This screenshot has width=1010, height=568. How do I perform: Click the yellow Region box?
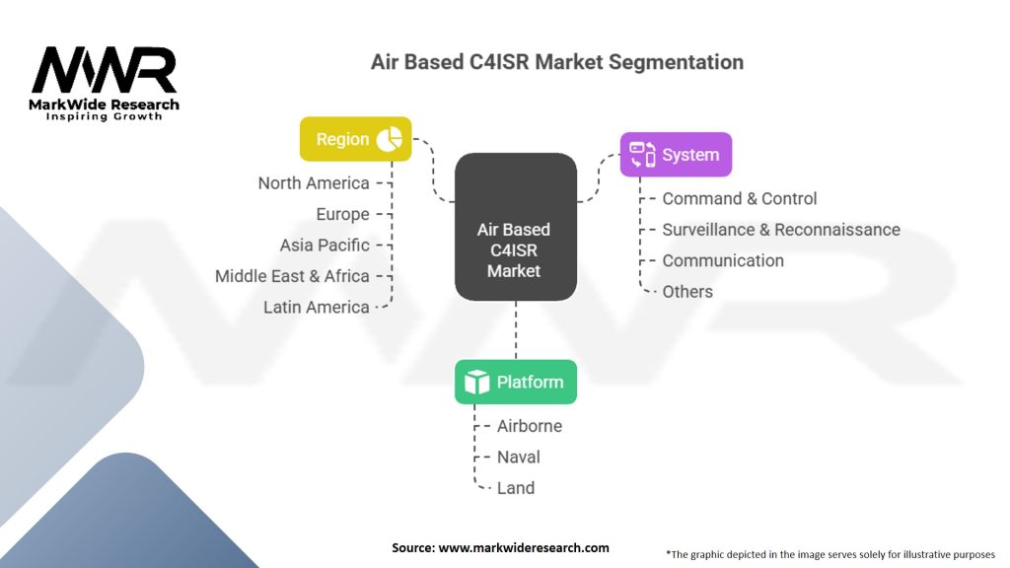pyautogui.click(x=355, y=139)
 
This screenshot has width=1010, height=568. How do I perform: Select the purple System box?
pyautogui.click(x=676, y=155)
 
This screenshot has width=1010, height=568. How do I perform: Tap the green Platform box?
pyautogui.click(x=515, y=382)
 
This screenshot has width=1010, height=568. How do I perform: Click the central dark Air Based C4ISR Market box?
pyautogui.click(x=515, y=227)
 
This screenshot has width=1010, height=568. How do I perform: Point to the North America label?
pyautogui.click(x=314, y=183)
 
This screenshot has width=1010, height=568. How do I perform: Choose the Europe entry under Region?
pyautogui.click(x=342, y=214)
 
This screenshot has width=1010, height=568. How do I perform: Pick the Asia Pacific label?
pyautogui.click(x=325, y=245)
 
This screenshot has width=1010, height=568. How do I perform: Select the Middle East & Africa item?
pyautogui.click(x=292, y=276)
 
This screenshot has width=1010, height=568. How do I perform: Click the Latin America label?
pyautogui.click(x=316, y=307)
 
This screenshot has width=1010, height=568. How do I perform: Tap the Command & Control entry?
pyautogui.click(x=739, y=198)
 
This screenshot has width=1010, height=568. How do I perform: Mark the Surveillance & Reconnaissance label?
pyautogui.click(x=780, y=230)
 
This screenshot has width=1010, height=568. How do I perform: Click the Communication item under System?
pyautogui.click(x=723, y=260)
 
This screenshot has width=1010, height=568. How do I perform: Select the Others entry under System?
pyautogui.click(x=687, y=291)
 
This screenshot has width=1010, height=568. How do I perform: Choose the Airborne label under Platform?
pyautogui.click(x=529, y=426)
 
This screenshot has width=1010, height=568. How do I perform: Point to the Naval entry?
pyautogui.click(x=518, y=457)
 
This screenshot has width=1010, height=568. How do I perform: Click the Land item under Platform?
pyautogui.click(x=515, y=487)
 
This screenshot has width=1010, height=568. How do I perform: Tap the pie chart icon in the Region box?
pyautogui.click(x=390, y=139)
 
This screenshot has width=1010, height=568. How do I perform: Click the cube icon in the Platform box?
pyautogui.click(x=477, y=383)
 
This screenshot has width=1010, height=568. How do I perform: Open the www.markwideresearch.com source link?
pyautogui.click(x=524, y=547)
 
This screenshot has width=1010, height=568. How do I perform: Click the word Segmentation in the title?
pyautogui.click(x=676, y=62)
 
